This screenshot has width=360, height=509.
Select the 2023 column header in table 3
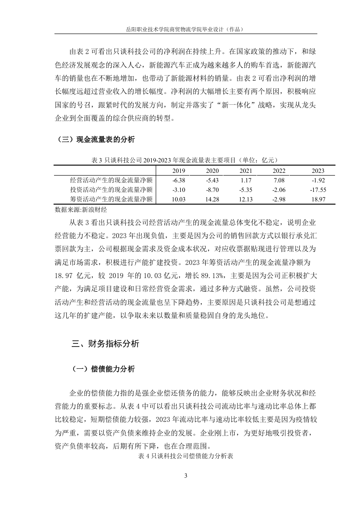[x=318, y=171]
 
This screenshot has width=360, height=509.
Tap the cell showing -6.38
[x=179, y=180]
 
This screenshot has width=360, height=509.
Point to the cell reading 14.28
[x=212, y=199]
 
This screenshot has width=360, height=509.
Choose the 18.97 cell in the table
[x=318, y=199]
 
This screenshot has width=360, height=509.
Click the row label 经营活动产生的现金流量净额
[x=111, y=180]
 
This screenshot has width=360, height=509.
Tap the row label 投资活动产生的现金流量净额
[x=111, y=190]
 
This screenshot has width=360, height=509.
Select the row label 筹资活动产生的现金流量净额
[x=111, y=199]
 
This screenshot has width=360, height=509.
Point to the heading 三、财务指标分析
[x=105, y=344]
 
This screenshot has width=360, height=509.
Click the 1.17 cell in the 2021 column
[x=246, y=180]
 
